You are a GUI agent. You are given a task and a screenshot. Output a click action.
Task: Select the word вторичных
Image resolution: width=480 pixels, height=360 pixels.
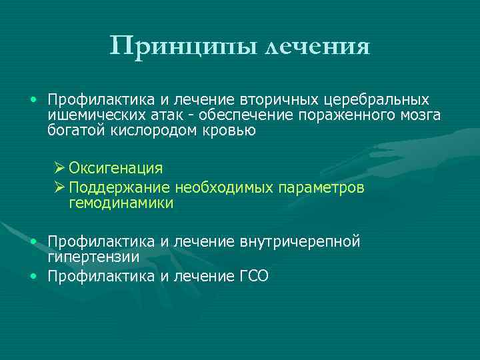point(285,100)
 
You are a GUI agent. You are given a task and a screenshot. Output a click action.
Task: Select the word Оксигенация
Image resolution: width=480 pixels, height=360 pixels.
point(115,168)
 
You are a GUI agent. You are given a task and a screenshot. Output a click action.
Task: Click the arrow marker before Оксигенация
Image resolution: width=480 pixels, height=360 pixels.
point(59,168)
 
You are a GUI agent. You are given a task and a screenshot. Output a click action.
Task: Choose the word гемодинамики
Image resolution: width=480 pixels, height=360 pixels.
point(121,203)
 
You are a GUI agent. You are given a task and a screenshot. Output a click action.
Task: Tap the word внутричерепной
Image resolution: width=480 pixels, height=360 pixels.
point(300,241)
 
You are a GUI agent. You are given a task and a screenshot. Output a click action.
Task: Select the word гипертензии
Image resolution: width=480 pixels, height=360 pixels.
point(93,256)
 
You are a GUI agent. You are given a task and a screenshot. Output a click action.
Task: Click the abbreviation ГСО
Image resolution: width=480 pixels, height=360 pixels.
point(253,276)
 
